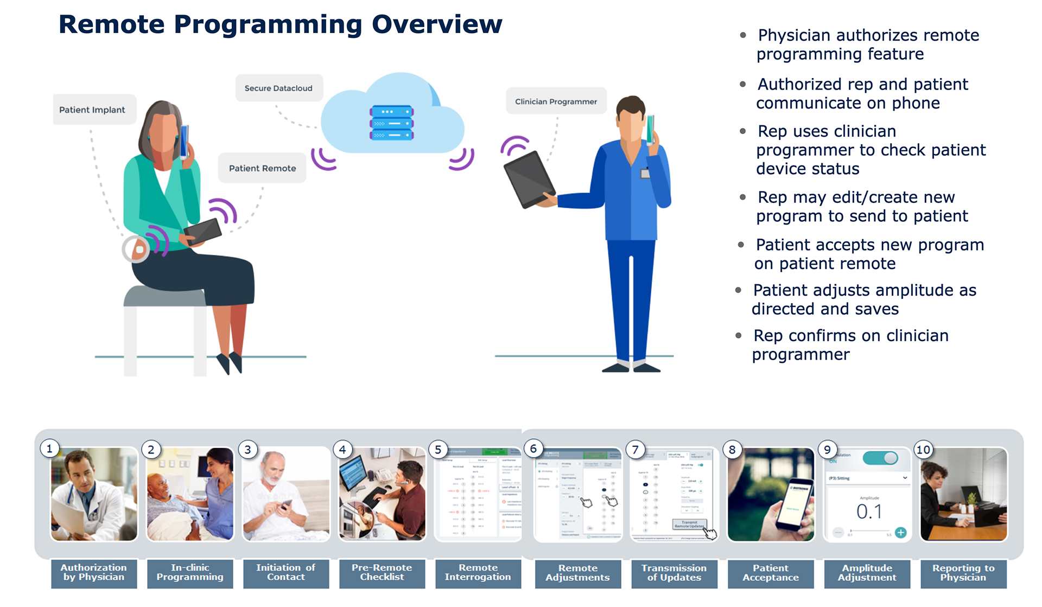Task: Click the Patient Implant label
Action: [x=92, y=110]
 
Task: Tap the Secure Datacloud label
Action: [x=278, y=88]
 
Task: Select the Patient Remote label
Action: [x=262, y=168]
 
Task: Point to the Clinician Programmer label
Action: [x=556, y=101]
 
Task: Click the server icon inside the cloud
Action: [x=391, y=123]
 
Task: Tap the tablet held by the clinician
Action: [x=529, y=179]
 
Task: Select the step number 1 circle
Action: [x=49, y=449]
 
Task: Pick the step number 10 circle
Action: [x=923, y=449]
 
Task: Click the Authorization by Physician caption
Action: [x=94, y=572]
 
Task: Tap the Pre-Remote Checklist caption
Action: [x=382, y=572]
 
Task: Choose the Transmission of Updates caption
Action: [x=674, y=573]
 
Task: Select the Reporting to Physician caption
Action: [x=963, y=573]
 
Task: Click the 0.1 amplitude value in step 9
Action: [x=869, y=512]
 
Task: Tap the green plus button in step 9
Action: [x=901, y=532]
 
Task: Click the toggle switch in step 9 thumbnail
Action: [x=881, y=458]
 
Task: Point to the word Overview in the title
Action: [x=437, y=24]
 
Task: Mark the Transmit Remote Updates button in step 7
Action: [x=689, y=524]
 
